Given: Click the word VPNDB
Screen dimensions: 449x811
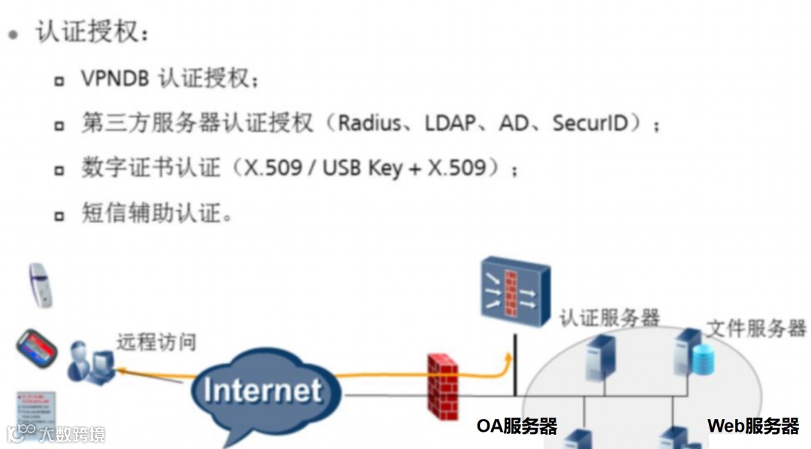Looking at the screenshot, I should (115, 79).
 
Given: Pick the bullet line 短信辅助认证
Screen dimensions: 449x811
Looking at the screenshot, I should (156, 213).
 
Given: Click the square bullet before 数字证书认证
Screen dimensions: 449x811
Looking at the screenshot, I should (59, 170).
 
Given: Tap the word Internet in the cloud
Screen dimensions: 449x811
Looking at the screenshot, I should (262, 390).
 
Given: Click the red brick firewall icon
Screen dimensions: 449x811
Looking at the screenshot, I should (443, 385).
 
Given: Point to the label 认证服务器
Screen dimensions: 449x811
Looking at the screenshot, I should (609, 318).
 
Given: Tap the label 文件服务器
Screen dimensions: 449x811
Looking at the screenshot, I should (756, 328).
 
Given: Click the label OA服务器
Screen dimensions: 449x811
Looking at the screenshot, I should (517, 426).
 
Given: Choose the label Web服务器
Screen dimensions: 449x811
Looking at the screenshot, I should (752, 426).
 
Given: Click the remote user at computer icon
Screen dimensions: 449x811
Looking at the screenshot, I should (89, 362).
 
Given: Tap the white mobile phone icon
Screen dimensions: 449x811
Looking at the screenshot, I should (40, 285).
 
